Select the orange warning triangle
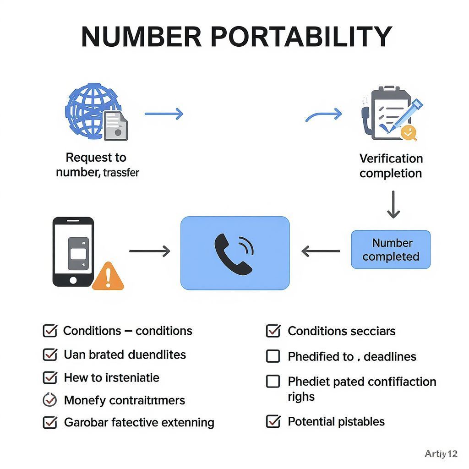108,276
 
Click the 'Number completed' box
391,250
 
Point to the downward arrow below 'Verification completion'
393,205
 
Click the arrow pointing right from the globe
164,114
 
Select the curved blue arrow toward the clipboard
324,115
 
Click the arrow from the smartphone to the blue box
150,251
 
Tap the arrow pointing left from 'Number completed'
321,251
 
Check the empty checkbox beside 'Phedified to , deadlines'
273,356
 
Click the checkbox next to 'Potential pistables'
273,421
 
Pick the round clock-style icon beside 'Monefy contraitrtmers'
49,400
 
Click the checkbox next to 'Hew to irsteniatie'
49,377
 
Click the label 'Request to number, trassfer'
97,165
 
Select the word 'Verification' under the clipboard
391,158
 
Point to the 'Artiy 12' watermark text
441,454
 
